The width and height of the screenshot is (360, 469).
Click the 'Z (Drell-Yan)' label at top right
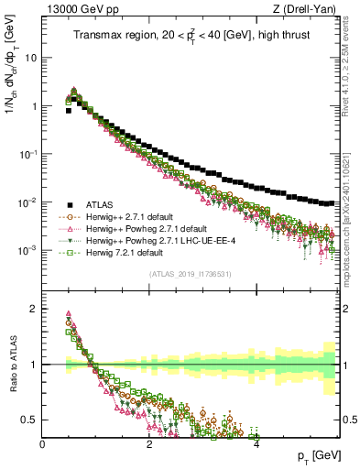coord(310,9)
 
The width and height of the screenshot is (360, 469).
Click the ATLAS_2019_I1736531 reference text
coord(191,274)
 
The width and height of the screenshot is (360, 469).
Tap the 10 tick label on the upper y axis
coord(30,57)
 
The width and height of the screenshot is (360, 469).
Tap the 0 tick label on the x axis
coord(43,444)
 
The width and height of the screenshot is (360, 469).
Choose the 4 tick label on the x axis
coord(256,444)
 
